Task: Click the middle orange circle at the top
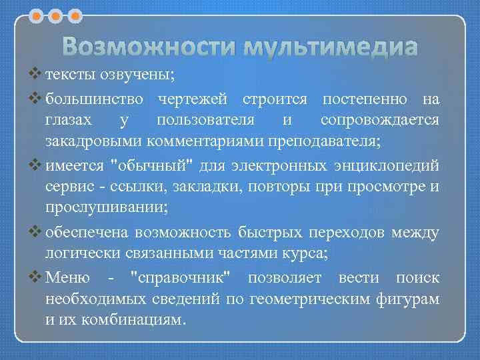tap(57, 14)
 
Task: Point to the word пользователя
tap(211, 121)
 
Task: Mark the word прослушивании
tap(105, 208)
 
